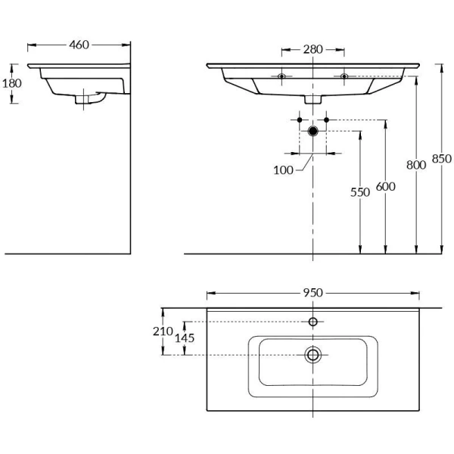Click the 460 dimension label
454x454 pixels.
click(79, 45)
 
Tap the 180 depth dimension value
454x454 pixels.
click(12, 83)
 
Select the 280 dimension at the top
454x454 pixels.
click(313, 50)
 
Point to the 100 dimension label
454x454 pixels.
click(284, 170)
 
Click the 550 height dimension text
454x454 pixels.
click(360, 192)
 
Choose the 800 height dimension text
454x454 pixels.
click(416, 163)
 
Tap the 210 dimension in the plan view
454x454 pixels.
click(161, 331)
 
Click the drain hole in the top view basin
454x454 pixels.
click(313, 355)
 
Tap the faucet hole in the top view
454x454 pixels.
click(313, 322)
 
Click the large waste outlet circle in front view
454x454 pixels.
click(313, 131)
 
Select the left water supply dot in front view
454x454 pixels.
click(300, 120)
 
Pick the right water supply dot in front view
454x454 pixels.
click(326, 120)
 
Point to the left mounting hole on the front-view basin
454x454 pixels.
click(281, 76)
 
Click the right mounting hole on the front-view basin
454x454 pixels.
click(344, 76)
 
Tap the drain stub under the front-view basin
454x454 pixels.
click(313, 99)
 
